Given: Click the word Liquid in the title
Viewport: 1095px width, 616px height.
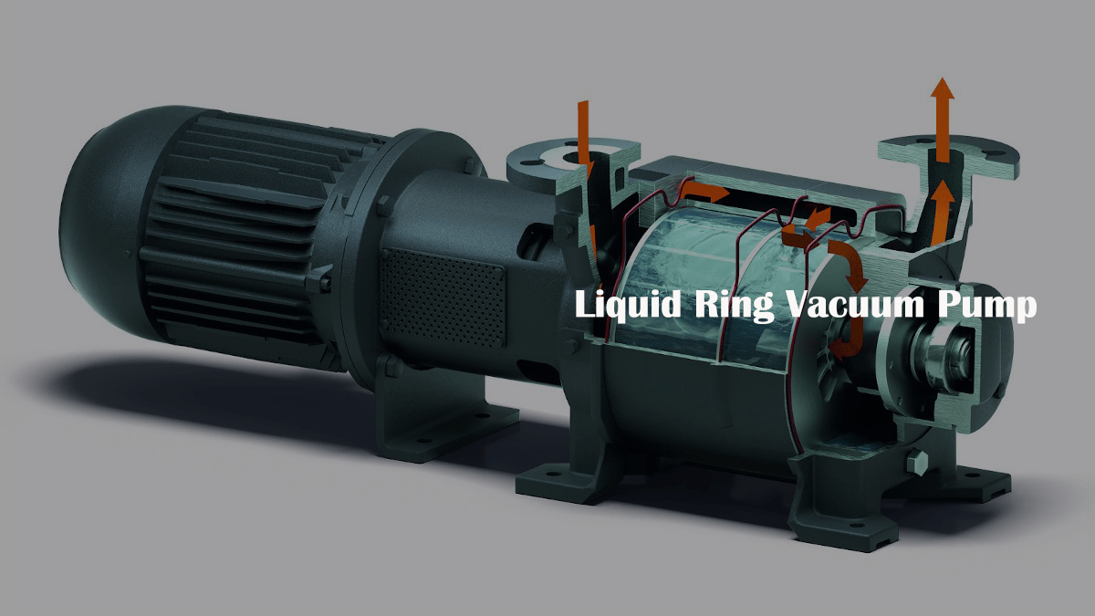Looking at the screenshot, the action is [628, 305].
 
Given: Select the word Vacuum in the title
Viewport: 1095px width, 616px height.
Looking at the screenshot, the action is [855, 304].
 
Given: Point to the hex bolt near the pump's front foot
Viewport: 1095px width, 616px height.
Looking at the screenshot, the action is [917, 463].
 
